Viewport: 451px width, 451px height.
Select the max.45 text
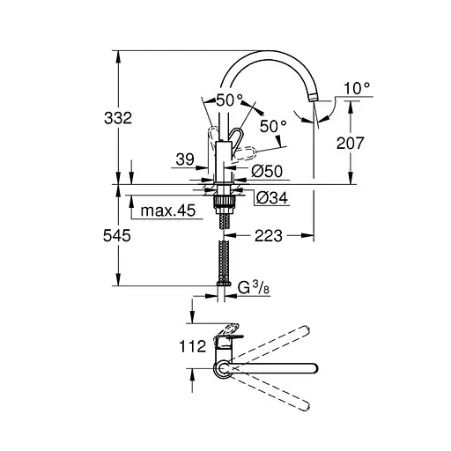[166, 211]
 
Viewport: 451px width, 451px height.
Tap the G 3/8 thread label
[256, 286]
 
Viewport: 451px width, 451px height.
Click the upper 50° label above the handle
[228, 100]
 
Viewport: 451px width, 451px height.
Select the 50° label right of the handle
[273, 127]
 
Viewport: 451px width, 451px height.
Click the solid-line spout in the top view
[282, 367]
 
